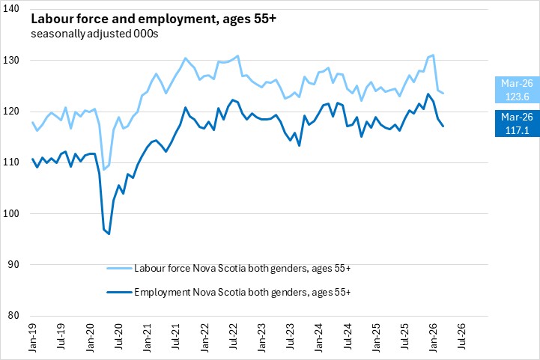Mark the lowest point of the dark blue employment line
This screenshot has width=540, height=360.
109,234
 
